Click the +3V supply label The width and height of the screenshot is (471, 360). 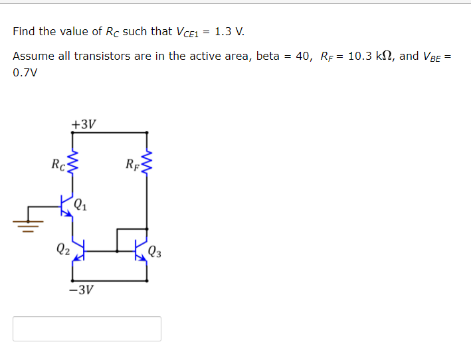coord(84,124)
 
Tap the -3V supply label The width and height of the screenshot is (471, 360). coord(82,290)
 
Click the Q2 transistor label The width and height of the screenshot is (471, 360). coord(62,250)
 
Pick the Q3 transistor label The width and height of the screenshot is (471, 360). coord(155,251)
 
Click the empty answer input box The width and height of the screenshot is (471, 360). coord(87,329)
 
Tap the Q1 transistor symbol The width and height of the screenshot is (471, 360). coord(66,206)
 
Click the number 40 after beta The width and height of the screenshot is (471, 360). coord(303,56)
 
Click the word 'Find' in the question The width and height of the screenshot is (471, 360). coord(23,31)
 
